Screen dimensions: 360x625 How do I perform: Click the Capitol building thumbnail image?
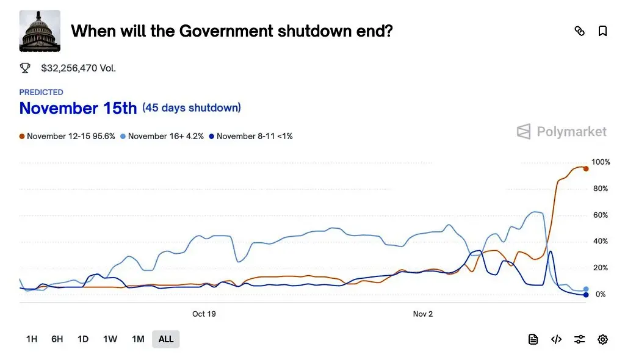40,31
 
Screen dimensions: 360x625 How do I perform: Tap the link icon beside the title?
580,31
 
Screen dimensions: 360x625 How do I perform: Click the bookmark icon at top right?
602,31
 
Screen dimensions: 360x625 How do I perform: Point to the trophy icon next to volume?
25,68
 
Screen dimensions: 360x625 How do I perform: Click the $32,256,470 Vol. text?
78,68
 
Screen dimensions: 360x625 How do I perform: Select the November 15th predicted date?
78,108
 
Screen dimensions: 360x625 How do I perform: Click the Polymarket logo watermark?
562,131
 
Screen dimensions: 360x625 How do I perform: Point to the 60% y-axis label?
600,215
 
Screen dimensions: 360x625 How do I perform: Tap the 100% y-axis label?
601,162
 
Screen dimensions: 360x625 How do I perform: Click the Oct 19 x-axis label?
204,314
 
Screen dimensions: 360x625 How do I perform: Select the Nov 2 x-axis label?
422,314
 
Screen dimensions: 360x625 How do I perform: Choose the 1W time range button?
110,339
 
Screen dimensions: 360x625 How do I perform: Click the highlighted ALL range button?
166,339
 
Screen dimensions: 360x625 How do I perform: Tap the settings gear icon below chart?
602,339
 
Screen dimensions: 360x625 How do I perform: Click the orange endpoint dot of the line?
586,168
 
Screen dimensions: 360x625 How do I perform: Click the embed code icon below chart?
556,339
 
